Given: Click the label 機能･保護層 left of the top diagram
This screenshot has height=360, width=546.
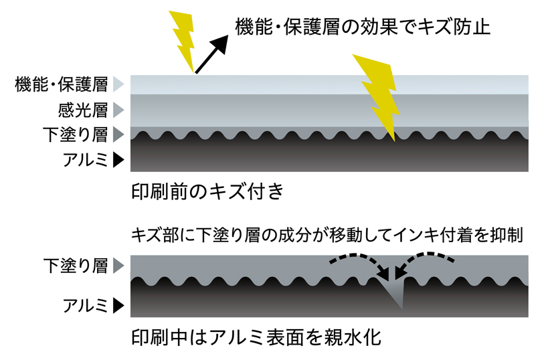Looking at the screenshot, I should [x=61, y=84].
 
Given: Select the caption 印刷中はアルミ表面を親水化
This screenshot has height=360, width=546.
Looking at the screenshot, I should [x=256, y=337].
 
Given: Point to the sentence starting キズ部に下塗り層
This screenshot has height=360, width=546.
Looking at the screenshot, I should [x=327, y=236].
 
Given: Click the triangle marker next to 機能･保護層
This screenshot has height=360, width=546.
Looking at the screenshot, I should [x=118, y=84].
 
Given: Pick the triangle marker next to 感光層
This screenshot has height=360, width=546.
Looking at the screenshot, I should [x=118, y=109].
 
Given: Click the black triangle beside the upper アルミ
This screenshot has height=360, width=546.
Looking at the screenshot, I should [x=118, y=160].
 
